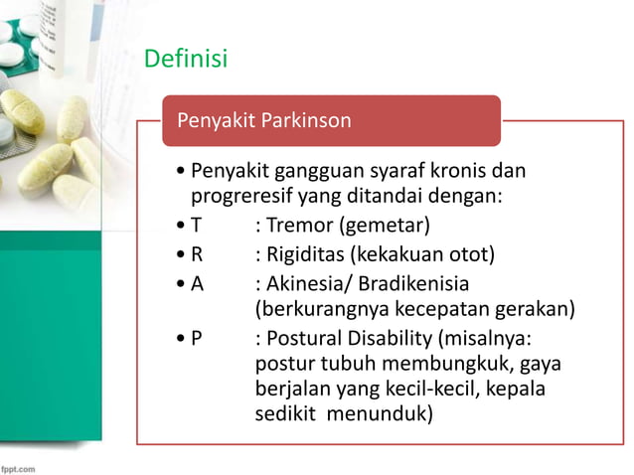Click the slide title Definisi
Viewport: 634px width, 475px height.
pos(186,60)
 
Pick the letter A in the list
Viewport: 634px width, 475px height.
pos(197,282)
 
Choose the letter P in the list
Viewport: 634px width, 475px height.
pos(197,336)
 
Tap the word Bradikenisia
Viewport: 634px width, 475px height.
pos(410,282)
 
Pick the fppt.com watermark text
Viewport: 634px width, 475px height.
pos(20,465)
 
